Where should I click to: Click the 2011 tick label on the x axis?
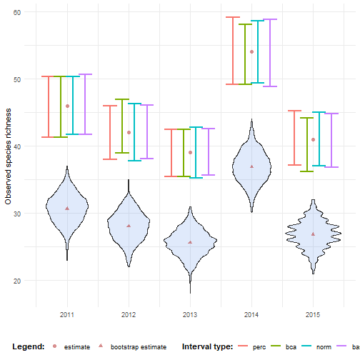coord(67,314)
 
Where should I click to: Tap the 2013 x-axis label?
coord(190,314)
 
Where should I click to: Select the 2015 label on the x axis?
coord(313,314)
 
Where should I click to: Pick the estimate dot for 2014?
coord(251,51)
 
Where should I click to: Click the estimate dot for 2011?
coord(67,106)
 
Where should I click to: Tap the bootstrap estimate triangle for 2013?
coord(190,242)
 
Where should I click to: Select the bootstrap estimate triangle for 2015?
coord(313,234)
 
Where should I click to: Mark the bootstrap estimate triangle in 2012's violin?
coord(129,226)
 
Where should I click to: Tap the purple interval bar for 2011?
coord(85,104)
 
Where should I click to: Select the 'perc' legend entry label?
coord(260,347)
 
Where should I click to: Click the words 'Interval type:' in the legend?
coord(207,347)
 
